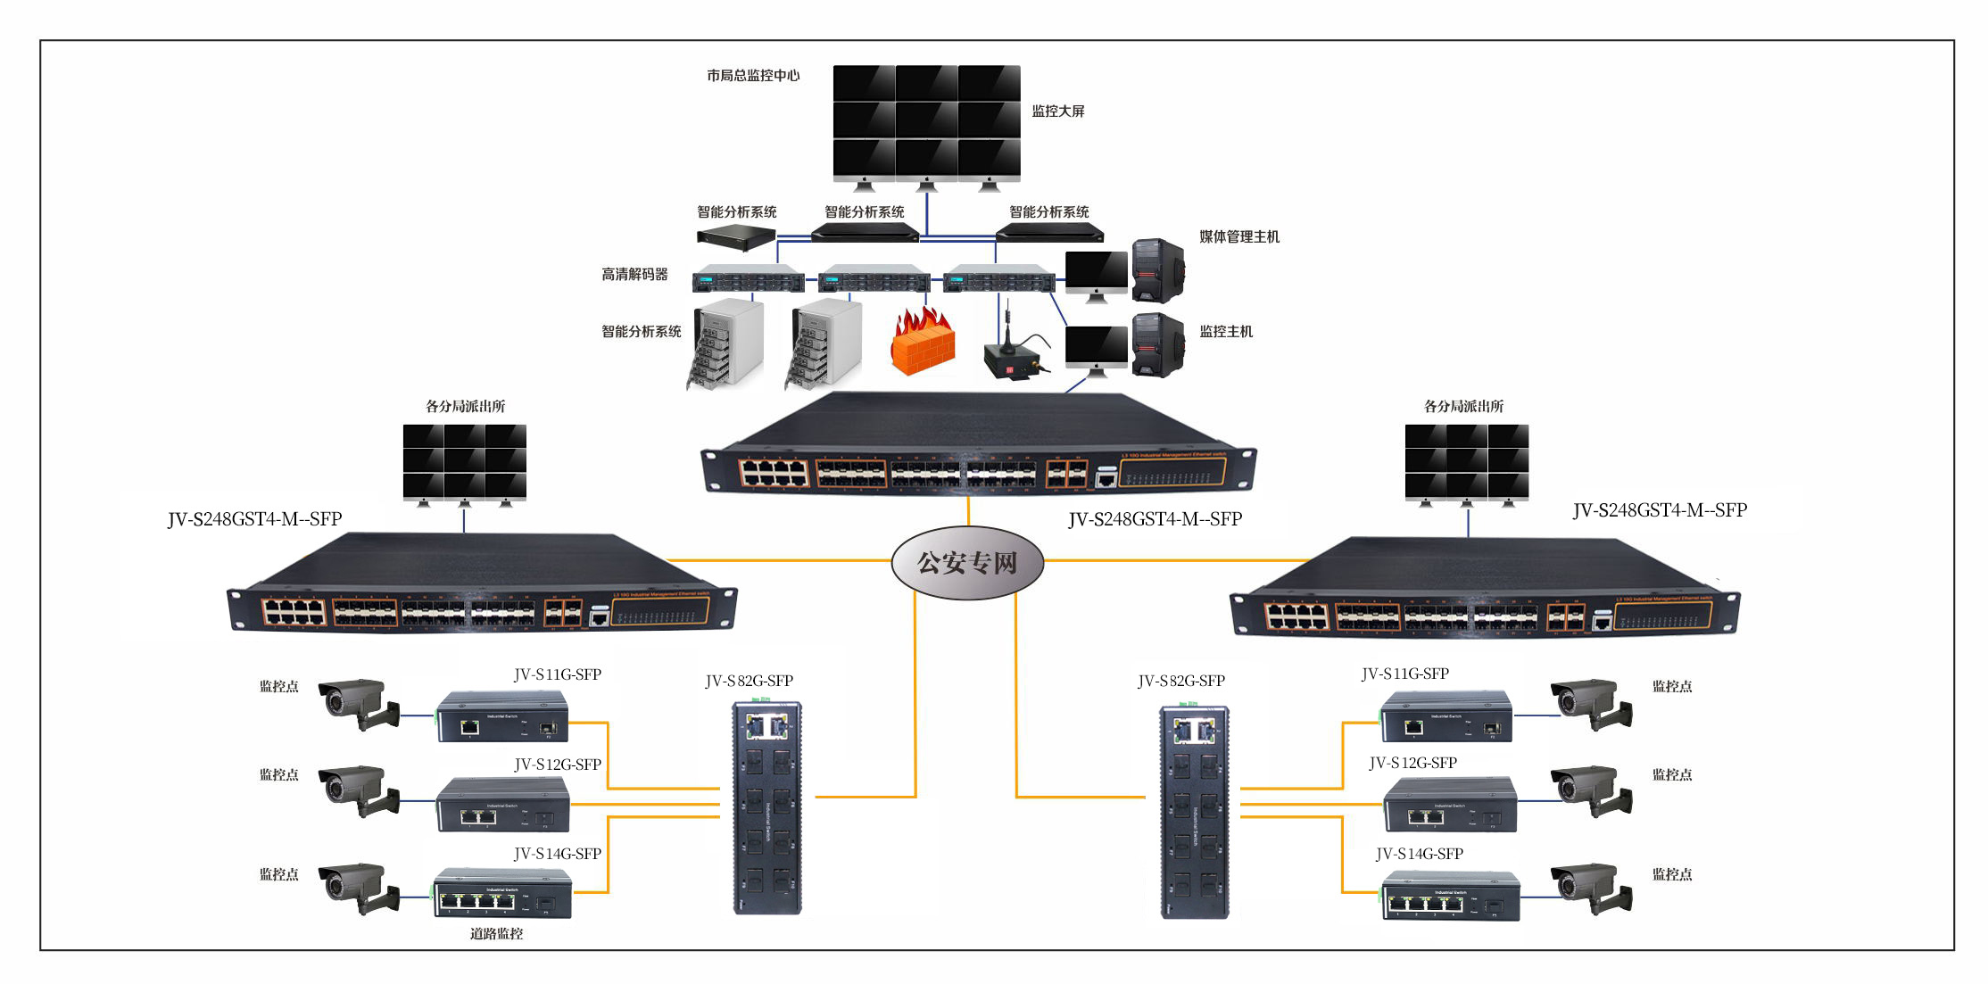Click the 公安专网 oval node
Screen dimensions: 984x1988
[x=967, y=562]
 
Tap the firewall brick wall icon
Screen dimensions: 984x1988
[x=923, y=343]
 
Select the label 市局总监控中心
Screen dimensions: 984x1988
[x=753, y=76]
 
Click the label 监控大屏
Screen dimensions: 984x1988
[x=1058, y=112]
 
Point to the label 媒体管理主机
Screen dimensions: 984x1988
[x=1239, y=237]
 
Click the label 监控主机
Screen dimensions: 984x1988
[x=1226, y=332]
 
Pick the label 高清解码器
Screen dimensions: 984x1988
[x=634, y=275]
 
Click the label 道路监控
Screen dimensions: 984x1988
[x=496, y=934]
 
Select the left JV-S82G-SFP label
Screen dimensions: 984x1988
[x=749, y=682]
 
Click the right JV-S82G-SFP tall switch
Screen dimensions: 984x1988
[x=1194, y=810]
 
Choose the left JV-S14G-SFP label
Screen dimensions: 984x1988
[x=558, y=854]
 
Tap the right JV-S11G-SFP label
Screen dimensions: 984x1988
[x=1404, y=674]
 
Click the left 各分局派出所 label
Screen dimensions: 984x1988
[x=465, y=407]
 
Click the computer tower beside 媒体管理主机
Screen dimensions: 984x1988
[x=1157, y=270]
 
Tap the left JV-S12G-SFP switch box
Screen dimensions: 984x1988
[x=503, y=805]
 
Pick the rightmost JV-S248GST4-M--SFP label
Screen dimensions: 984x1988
[x=1660, y=510]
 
